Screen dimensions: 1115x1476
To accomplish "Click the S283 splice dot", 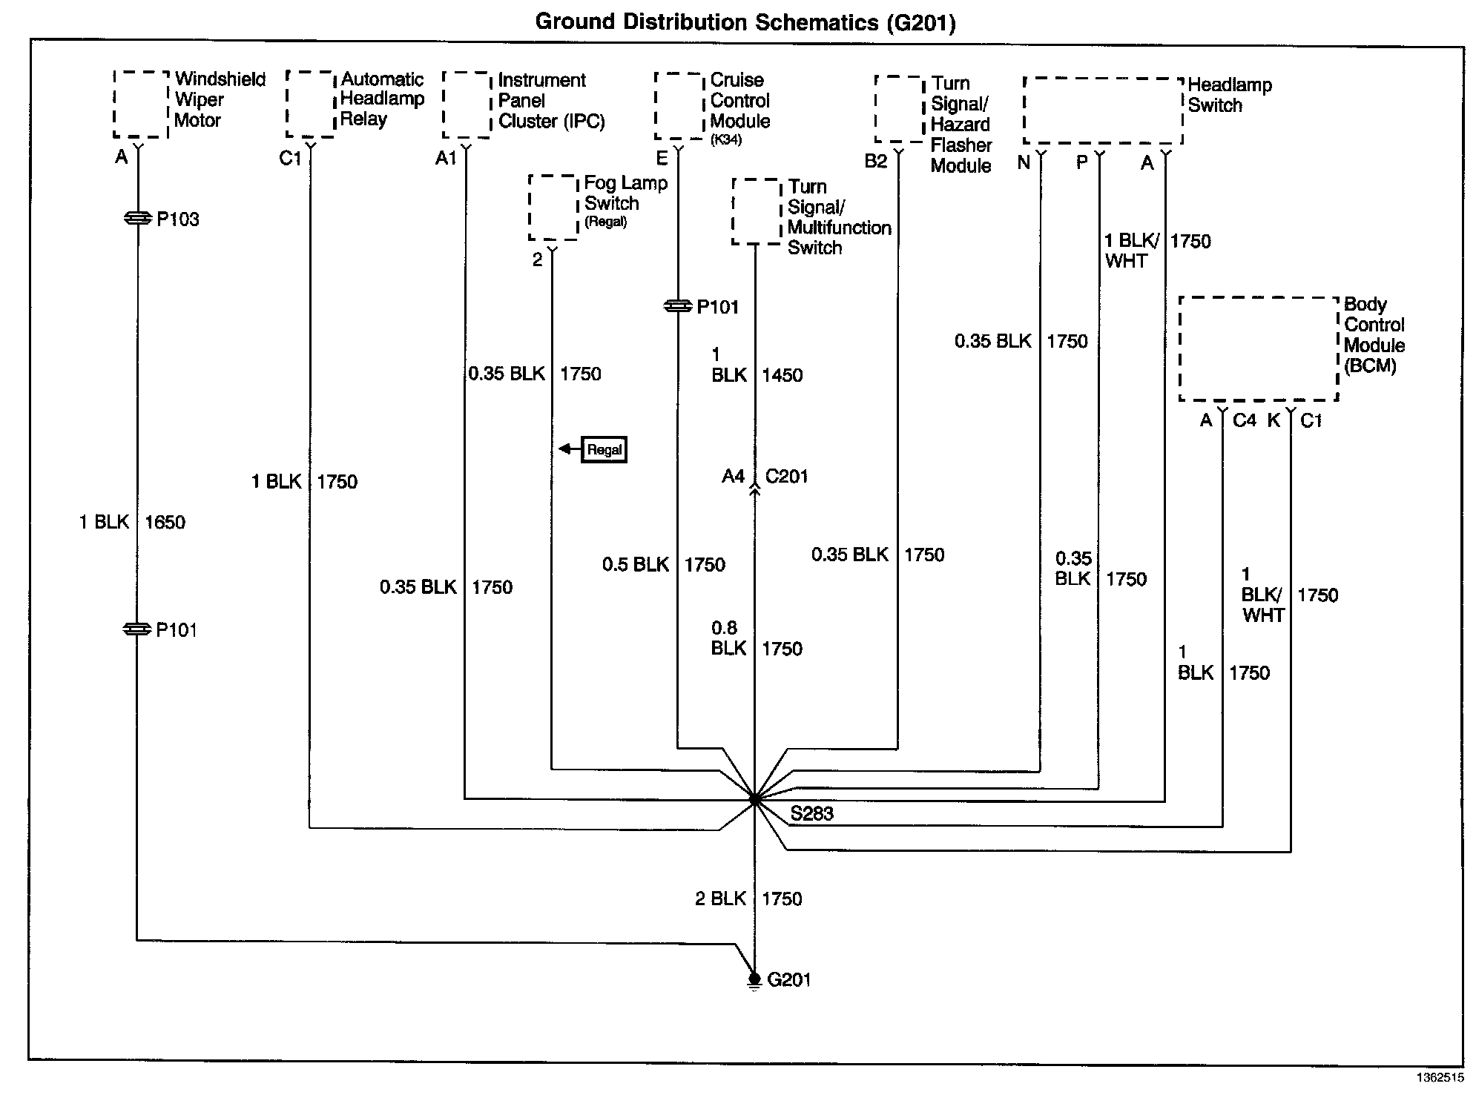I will click(x=754, y=800).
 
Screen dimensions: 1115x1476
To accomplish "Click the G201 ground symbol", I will click(x=754, y=980).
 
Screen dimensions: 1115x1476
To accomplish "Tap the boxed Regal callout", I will click(x=604, y=449).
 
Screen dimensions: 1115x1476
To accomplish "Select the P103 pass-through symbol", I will click(x=137, y=218).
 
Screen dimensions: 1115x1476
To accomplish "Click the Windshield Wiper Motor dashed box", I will click(x=141, y=105).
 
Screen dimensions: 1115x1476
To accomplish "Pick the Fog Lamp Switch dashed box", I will click(x=553, y=208).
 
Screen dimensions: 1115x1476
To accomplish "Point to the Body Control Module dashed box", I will click(x=1259, y=348).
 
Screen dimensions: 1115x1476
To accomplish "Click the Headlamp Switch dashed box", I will click(x=1102, y=110).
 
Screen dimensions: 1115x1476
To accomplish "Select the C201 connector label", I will click(x=786, y=476).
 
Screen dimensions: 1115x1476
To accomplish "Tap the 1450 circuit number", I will click(x=782, y=375).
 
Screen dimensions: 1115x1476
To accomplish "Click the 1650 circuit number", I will click(x=165, y=522).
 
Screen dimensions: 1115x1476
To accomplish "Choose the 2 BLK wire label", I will click(x=720, y=899).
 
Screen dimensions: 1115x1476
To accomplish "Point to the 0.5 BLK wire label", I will click(x=636, y=564).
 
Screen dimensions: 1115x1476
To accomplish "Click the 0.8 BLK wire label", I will click(x=728, y=638).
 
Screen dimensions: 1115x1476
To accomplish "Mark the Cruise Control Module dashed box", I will click(x=679, y=105).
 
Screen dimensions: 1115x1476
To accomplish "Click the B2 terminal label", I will click(x=875, y=161).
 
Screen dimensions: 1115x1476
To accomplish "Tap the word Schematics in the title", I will click(x=815, y=22).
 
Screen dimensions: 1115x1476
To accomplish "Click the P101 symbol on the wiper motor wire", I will click(x=137, y=629).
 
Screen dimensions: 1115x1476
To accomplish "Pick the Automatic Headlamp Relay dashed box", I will click(x=310, y=105).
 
